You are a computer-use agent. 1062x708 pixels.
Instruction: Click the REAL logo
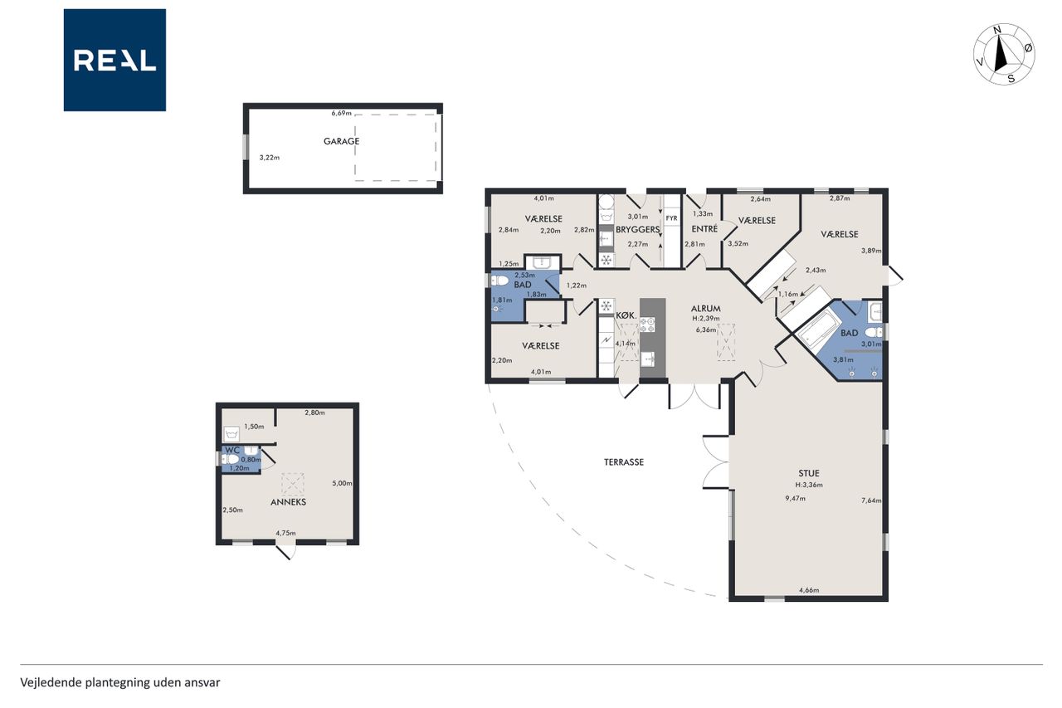point(114,61)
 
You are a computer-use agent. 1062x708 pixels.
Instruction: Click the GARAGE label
point(341,141)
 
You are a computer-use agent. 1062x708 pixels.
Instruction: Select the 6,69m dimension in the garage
point(341,114)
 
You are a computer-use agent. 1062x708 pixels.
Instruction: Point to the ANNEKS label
point(288,502)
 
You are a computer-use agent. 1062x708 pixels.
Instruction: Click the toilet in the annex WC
point(231,459)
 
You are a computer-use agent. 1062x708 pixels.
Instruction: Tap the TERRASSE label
point(624,462)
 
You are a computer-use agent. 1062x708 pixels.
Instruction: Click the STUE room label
point(809,473)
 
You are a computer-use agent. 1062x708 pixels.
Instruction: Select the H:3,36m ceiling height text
point(809,485)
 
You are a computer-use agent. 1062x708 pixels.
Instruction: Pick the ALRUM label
point(706,308)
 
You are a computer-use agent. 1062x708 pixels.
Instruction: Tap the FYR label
point(671,218)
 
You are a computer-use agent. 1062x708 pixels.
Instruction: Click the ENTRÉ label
point(704,229)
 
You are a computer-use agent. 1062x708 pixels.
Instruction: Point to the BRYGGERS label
point(638,230)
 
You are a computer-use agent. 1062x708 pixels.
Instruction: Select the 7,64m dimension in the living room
point(871,500)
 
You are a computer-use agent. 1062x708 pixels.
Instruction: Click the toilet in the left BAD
point(499,281)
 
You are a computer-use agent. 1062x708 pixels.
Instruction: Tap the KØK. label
point(626,315)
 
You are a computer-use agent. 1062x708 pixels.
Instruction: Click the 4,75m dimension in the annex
point(286,533)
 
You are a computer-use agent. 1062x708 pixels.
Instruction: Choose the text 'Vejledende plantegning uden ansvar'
point(120,682)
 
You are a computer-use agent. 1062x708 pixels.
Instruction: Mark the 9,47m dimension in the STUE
point(795,498)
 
